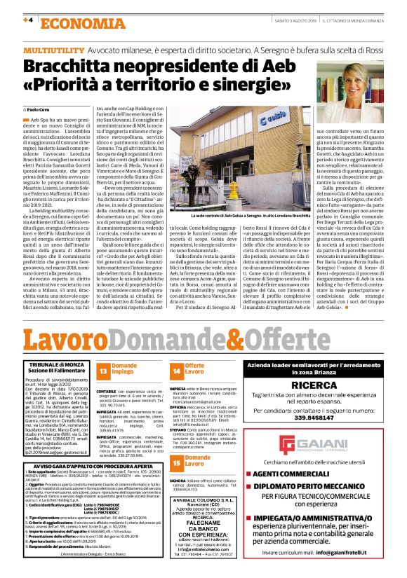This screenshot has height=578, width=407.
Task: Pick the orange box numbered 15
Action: pyautogui.click(x=176, y=460)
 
